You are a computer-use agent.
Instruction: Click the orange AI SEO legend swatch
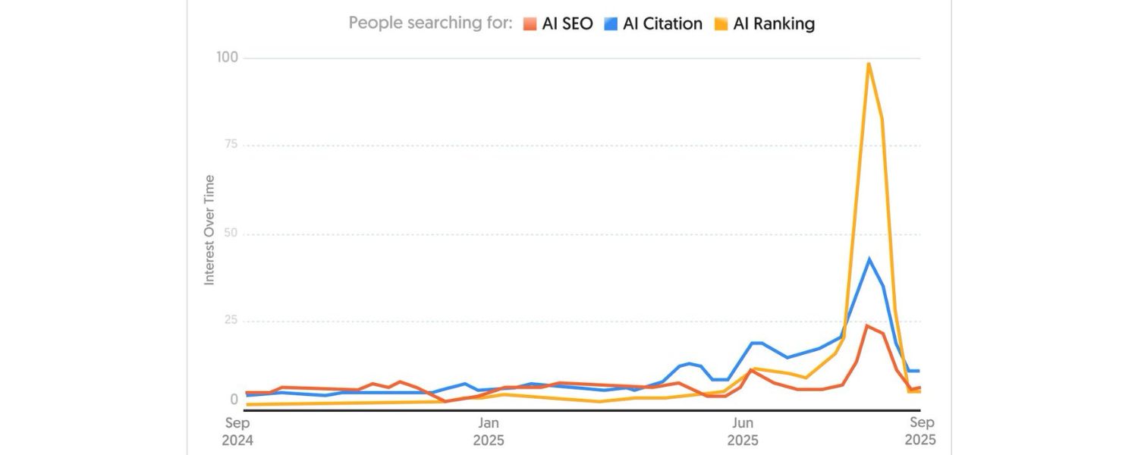tap(530, 24)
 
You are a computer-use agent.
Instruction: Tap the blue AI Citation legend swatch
tap(611, 24)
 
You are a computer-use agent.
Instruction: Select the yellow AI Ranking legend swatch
tap(721, 24)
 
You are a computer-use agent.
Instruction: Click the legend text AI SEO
tap(567, 24)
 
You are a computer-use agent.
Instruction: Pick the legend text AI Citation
tap(662, 24)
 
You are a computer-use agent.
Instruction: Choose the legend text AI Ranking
tap(774, 24)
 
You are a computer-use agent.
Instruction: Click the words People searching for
tap(430, 24)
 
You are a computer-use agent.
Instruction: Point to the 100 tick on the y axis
tap(227, 58)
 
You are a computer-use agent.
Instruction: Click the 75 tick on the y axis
tap(230, 145)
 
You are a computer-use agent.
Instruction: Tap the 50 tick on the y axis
tap(230, 233)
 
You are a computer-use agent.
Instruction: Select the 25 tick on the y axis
tap(230, 321)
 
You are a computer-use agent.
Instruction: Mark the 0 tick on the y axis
tap(234, 400)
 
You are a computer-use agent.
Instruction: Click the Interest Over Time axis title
tap(209, 231)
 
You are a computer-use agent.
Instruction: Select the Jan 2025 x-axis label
tap(488, 431)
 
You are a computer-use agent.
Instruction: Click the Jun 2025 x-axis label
tap(742, 431)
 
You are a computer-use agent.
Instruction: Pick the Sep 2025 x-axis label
tap(920, 431)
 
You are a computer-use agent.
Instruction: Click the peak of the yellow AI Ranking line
tap(868, 64)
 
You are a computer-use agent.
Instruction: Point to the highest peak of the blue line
tap(869, 259)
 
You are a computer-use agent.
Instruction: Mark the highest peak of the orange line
tap(867, 326)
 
